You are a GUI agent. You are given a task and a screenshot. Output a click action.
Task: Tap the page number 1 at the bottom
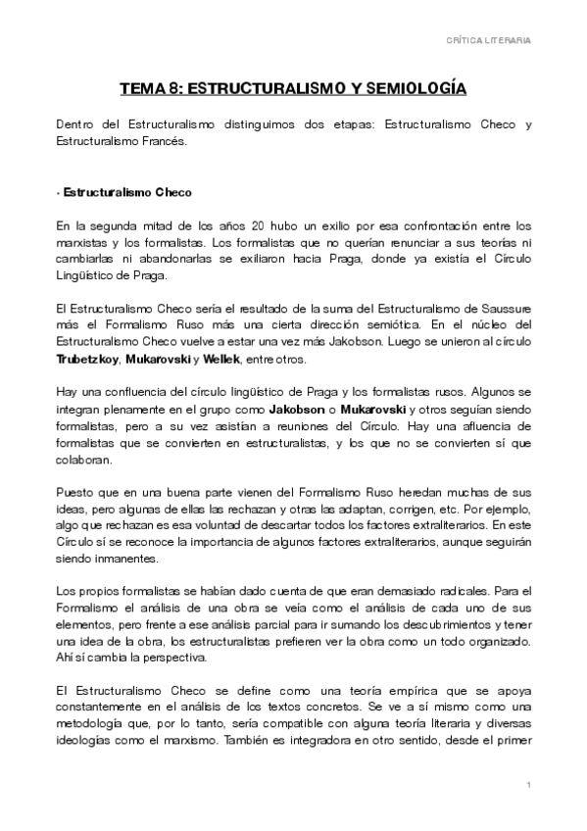(528, 786)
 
